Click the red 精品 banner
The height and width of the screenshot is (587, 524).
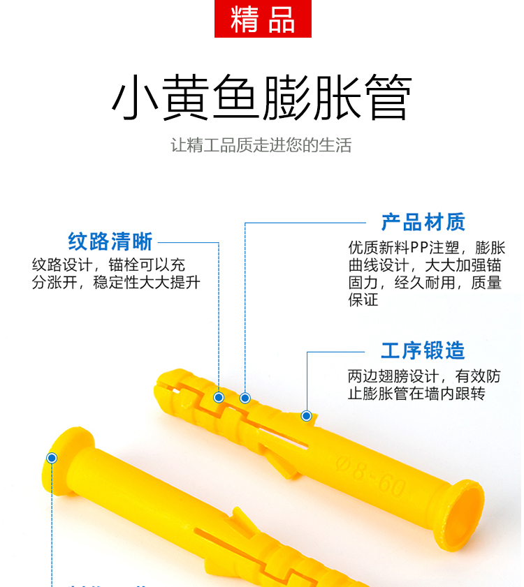pyautogui.click(x=263, y=19)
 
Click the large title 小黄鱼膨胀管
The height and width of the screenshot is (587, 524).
pyautogui.click(x=262, y=97)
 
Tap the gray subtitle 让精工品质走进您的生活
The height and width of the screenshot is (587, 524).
pyautogui.click(x=261, y=145)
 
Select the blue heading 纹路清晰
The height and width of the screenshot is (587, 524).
pyautogui.click(x=110, y=242)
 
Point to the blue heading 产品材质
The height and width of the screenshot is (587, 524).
pyautogui.click(x=423, y=223)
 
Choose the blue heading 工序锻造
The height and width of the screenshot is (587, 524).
pyautogui.click(x=423, y=351)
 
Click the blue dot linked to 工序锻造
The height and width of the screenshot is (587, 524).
pyautogui.click(x=306, y=415)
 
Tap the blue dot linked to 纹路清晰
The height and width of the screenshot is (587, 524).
pyautogui.click(x=219, y=397)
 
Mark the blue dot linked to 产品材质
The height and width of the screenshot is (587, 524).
pyautogui.click(x=245, y=398)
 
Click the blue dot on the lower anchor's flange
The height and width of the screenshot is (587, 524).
pyautogui.click(x=52, y=458)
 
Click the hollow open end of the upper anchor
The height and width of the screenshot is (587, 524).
pyautogui.click(x=464, y=512)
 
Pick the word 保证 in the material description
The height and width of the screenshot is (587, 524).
pyautogui.click(x=363, y=299)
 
